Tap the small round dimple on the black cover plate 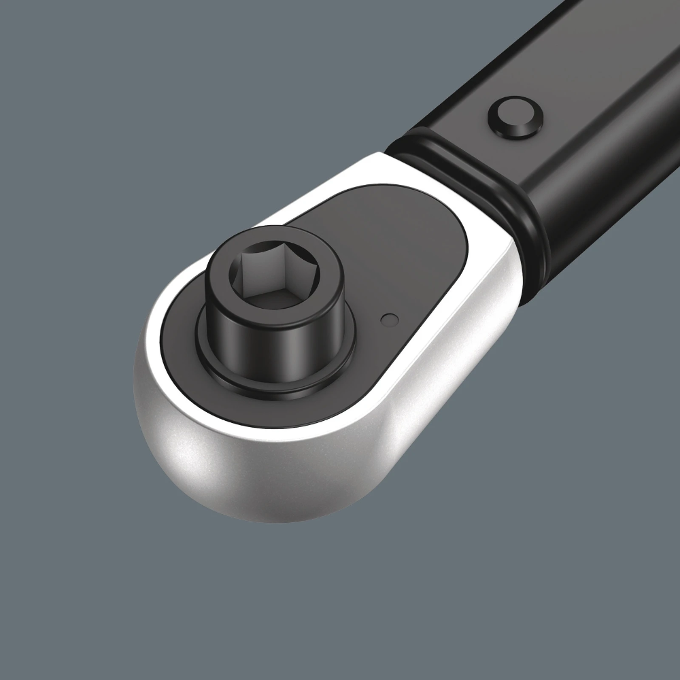(x=388, y=318)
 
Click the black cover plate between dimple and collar (x=415, y=272)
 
